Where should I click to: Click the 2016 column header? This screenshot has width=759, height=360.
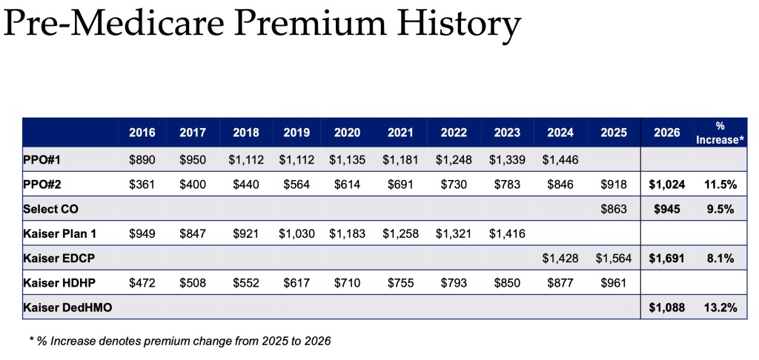142,133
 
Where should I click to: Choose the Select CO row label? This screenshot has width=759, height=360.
53,209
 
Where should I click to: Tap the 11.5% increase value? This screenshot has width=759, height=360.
718,184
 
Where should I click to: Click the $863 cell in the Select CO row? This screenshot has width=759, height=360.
614,209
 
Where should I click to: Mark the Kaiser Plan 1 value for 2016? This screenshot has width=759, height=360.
142,233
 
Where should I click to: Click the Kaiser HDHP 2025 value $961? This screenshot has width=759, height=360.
614,282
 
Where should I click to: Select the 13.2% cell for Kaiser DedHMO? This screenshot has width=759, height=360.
718,307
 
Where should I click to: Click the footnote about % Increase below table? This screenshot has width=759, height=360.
180,341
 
